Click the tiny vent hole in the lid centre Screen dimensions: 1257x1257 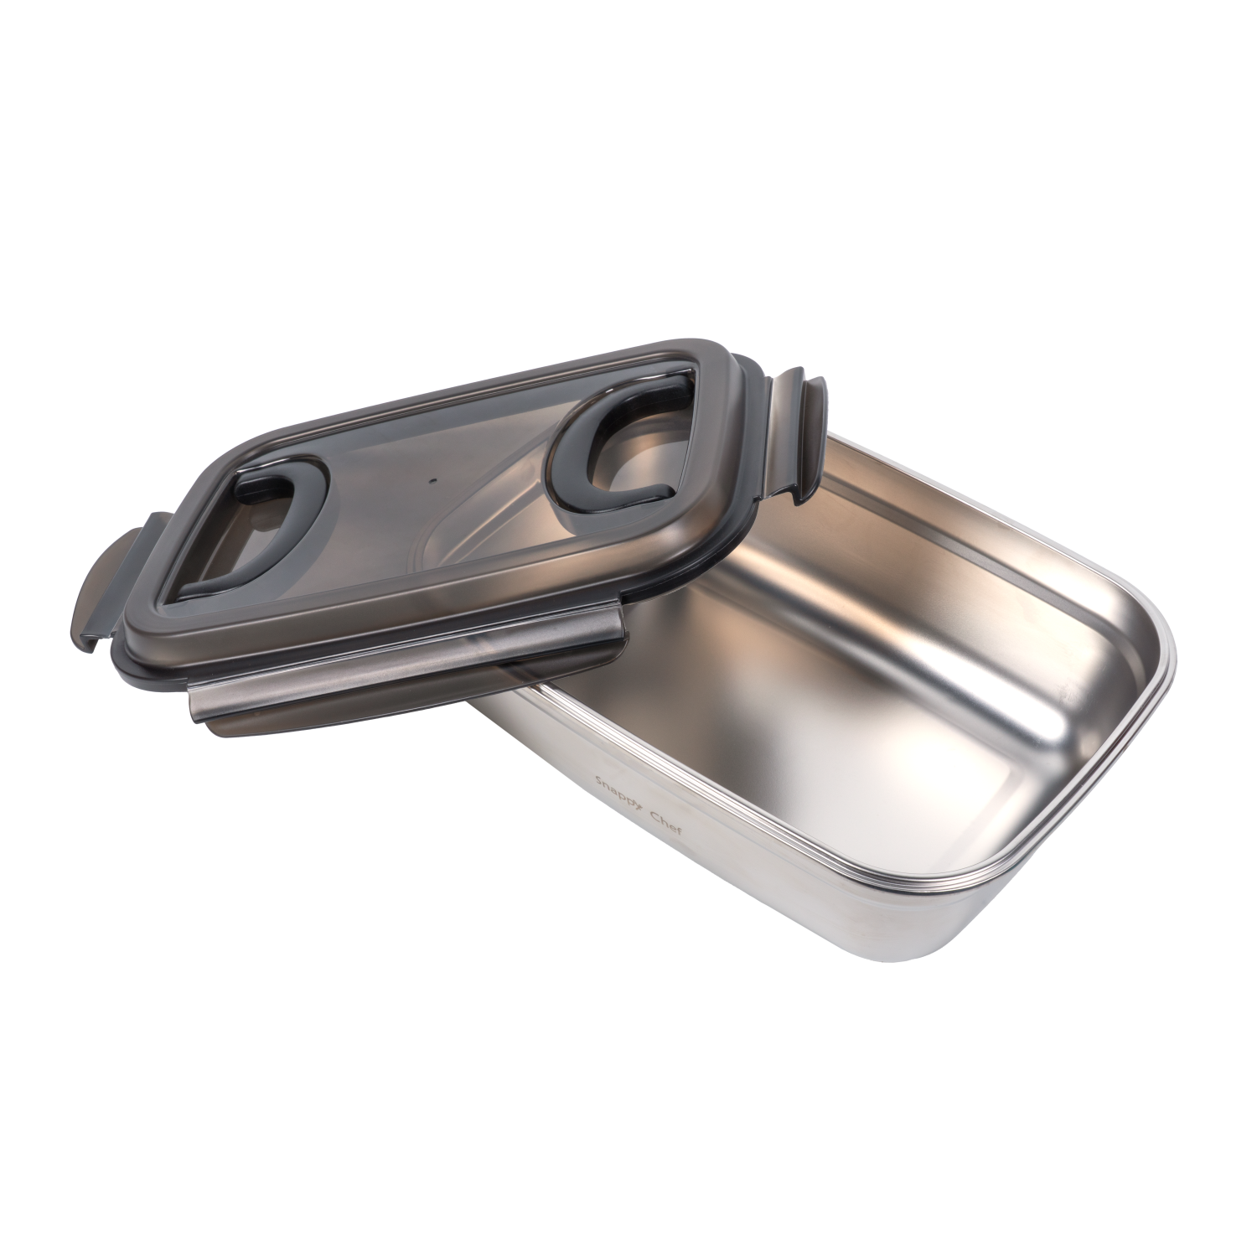pos(432,481)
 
